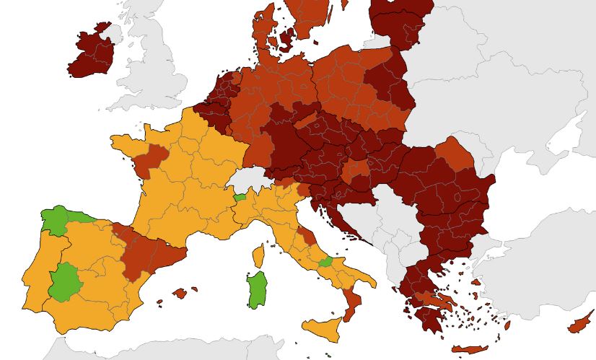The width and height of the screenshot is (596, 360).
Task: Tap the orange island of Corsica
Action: pos(258,255)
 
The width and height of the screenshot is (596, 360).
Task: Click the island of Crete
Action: pos(470,350)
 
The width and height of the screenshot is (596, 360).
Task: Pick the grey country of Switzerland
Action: pos(249,180)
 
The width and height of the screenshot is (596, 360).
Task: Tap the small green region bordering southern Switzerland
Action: pos(240,197)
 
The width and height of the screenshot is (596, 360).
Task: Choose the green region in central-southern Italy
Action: pos(326,262)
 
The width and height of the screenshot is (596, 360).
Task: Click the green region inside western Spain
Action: pos(66,282)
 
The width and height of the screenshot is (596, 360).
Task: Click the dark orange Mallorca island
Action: pos(180,293)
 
